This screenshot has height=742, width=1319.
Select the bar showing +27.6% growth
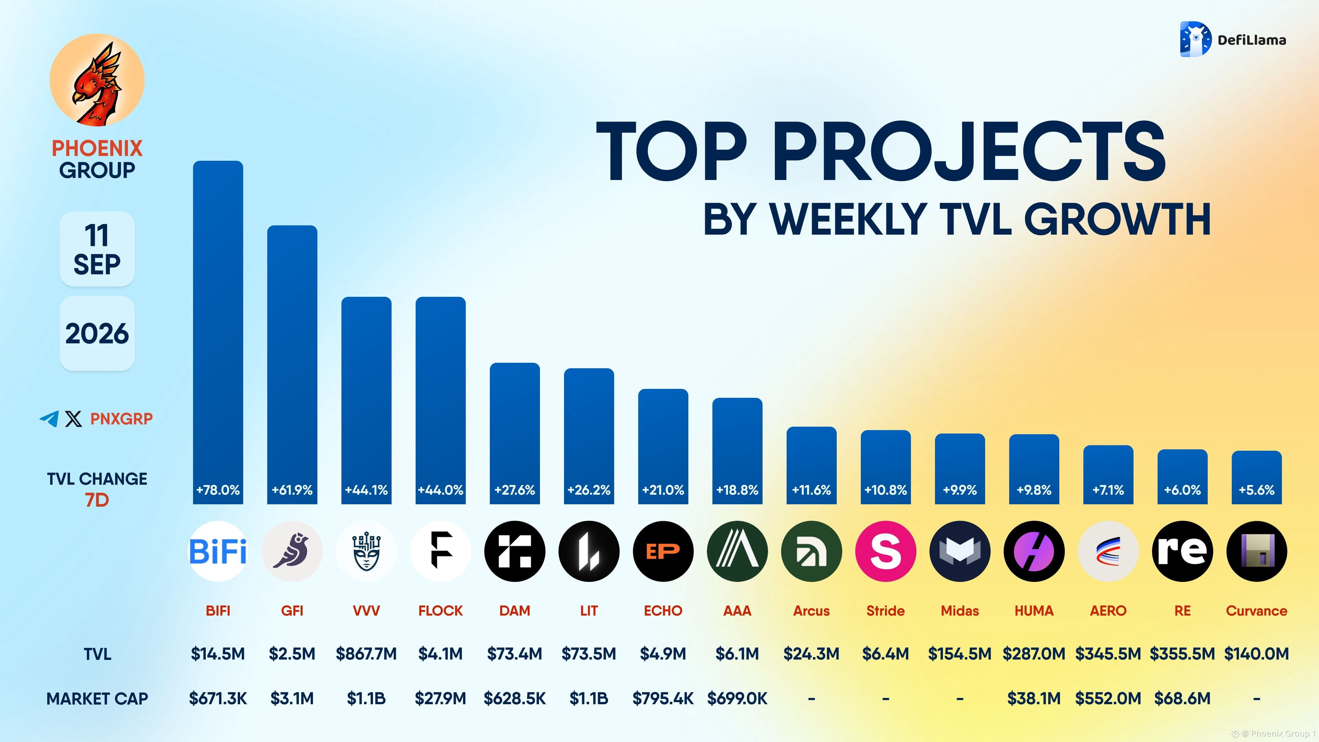coord(515,433)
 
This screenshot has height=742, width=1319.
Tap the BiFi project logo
coord(218,551)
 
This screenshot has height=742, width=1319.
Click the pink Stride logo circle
coord(885,551)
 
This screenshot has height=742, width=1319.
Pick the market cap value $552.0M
coord(1108,698)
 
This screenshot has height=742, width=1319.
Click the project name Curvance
coord(1256,610)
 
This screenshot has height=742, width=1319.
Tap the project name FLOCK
coord(440,610)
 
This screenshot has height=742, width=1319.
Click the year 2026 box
coord(97,333)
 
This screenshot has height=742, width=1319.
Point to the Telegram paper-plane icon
coord(49,418)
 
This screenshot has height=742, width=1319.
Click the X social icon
coord(73,419)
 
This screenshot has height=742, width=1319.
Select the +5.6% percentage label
coord(1256,490)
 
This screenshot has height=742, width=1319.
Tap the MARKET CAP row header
coord(97,698)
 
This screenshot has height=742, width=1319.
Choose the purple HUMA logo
coord(1034,551)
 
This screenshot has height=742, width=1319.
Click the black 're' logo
coord(1182,551)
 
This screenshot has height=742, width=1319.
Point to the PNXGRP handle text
coord(121,419)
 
